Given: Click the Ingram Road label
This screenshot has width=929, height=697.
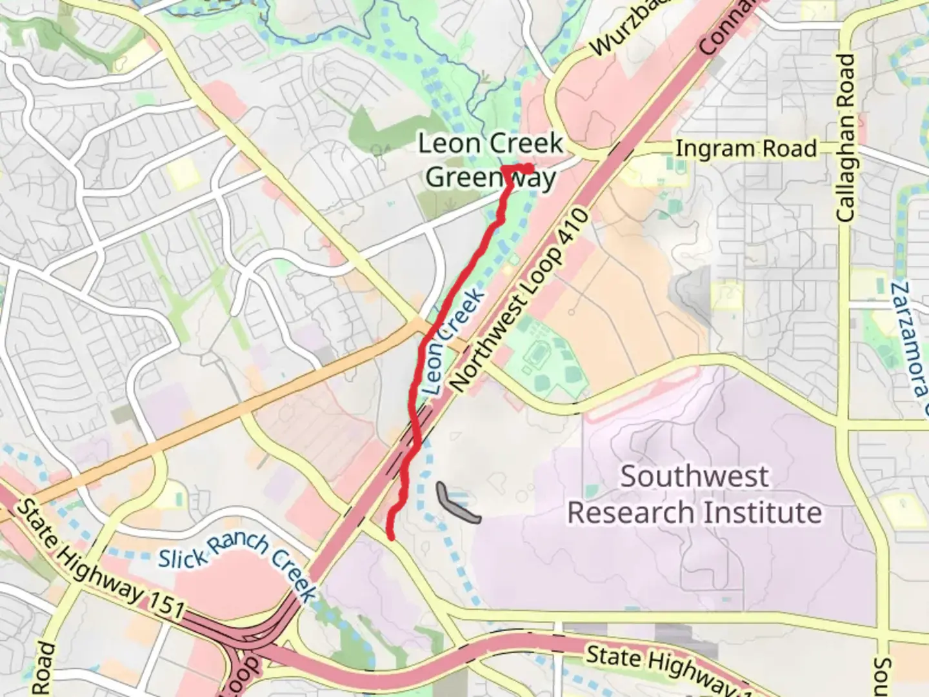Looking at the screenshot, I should [746, 149].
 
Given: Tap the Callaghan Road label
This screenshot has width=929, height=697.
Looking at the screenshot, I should [846, 138].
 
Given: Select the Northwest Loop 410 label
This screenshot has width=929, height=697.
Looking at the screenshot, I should [519, 300].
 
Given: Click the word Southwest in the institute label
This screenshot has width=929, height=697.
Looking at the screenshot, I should [694, 477].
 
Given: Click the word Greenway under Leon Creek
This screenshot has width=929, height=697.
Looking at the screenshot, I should [490, 177].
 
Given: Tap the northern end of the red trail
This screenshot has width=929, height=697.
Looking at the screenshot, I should [530, 168].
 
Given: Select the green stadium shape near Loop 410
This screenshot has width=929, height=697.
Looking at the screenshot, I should [537, 354].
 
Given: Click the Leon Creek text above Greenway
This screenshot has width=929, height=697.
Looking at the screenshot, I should [490, 143].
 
